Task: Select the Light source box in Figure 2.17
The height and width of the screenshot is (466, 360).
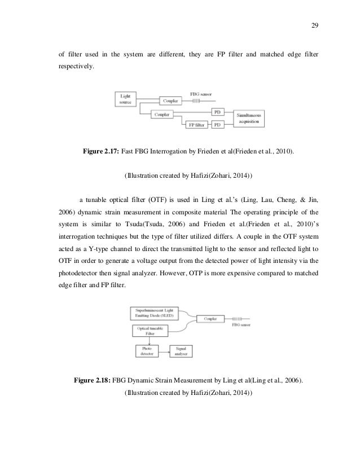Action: [125, 100]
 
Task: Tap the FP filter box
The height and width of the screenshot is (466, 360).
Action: [195, 124]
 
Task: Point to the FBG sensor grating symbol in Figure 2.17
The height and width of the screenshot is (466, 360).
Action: [196, 101]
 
